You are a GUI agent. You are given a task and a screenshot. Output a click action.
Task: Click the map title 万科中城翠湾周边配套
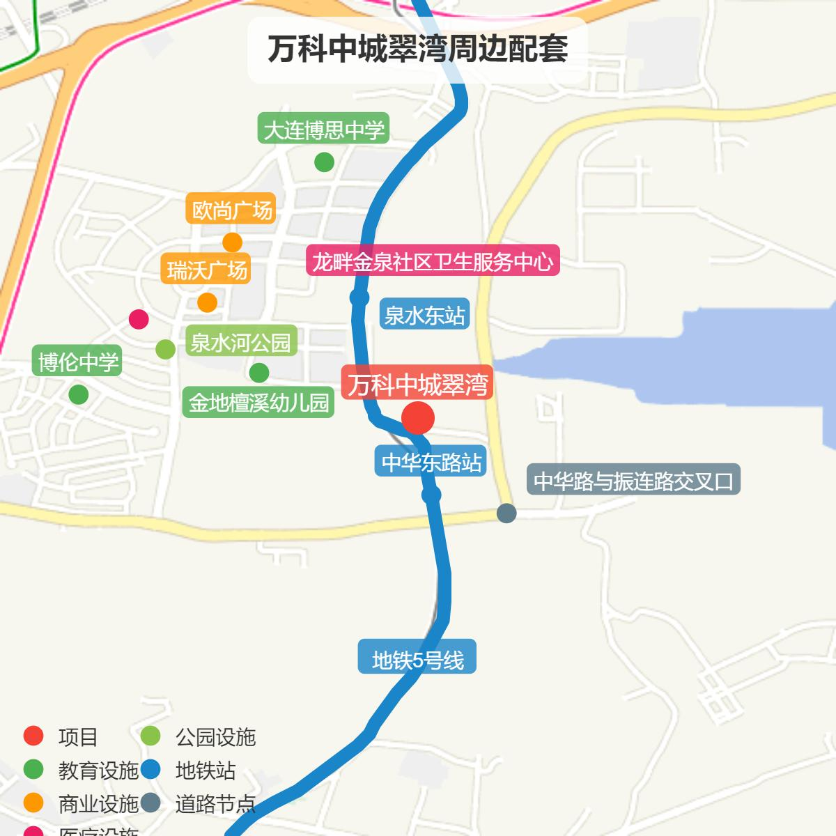[x=417, y=49]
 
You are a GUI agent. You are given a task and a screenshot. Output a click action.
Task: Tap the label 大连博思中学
[x=323, y=130]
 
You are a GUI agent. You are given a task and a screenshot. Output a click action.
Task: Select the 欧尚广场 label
[x=231, y=210]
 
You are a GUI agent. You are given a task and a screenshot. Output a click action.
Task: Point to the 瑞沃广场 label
[x=206, y=270]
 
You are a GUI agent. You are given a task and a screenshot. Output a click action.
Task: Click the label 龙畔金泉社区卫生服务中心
[x=433, y=261]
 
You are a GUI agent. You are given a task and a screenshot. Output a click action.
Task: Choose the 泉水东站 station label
[x=424, y=315]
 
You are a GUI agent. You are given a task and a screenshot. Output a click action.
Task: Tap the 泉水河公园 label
[x=240, y=342]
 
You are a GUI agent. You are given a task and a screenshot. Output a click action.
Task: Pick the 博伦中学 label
[x=78, y=362]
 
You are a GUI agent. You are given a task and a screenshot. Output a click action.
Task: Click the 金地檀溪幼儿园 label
[x=258, y=403]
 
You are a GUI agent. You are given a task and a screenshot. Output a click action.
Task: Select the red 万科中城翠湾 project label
[x=417, y=384]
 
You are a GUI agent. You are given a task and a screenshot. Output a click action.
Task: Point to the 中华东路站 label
[x=432, y=462]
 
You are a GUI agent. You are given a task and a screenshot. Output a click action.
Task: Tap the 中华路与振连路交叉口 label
[x=633, y=481]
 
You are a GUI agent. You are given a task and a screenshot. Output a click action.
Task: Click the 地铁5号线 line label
[x=417, y=659]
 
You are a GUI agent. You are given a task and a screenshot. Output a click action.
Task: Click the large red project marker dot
[x=418, y=419]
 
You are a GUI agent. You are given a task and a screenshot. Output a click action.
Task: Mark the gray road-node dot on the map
[x=506, y=513]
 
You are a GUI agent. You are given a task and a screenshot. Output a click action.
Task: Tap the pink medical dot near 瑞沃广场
[x=139, y=319]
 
